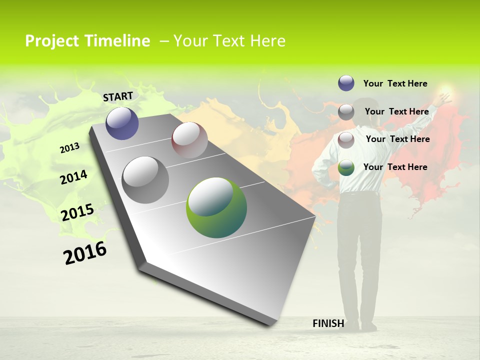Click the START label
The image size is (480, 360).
(x=118, y=96)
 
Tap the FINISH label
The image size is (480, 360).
(x=328, y=323)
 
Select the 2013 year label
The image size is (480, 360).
(x=69, y=147)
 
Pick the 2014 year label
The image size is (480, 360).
(x=73, y=177)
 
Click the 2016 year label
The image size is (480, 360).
(x=85, y=253)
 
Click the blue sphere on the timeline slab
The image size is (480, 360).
(x=122, y=123)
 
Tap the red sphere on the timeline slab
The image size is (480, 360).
(x=189, y=140)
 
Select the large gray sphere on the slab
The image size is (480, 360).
(x=145, y=180)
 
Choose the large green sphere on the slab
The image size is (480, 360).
(x=216, y=207)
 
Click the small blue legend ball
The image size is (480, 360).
(x=346, y=83)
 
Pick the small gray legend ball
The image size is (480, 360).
(x=346, y=112)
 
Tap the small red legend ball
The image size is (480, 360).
(x=346, y=140)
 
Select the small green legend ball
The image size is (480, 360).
(x=346, y=168)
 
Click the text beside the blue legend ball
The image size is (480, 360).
(x=395, y=83)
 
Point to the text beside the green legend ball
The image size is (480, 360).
(x=395, y=167)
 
